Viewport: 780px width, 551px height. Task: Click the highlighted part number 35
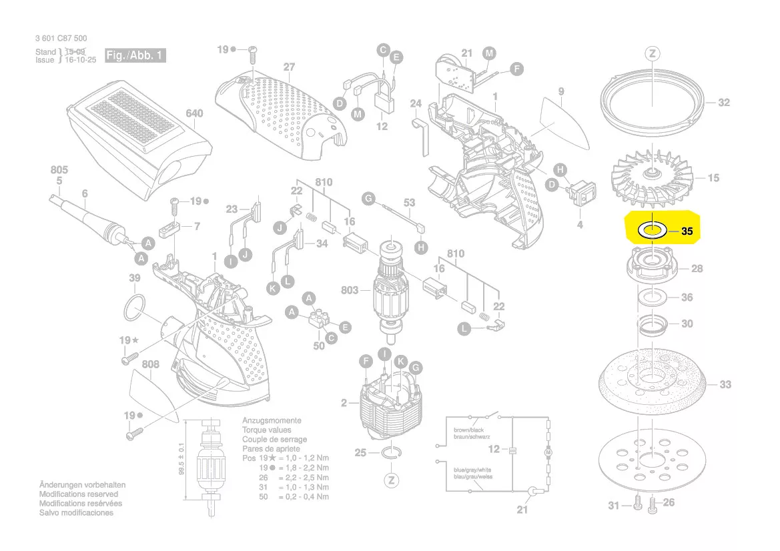(x=687, y=232)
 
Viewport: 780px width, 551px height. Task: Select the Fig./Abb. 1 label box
(x=135, y=55)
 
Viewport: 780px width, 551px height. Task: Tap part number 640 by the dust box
(x=193, y=114)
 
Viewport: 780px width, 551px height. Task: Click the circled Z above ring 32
(x=652, y=54)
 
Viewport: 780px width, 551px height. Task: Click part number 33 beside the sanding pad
(x=725, y=384)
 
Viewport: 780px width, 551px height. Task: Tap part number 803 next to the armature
(x=350, y=290)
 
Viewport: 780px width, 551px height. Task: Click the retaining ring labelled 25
(x=392, y=454)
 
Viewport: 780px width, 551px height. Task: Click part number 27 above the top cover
(x=288, y=67)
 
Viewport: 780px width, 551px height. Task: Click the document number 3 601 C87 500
(x=61, y=39)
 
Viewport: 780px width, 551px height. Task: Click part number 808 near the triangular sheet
(x=150, y=364)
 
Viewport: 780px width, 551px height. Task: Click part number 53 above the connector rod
(x=409, y=203)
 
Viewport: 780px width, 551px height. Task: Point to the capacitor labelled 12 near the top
(x=382, y=103)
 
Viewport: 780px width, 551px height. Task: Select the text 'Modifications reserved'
(x=80, y=494)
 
